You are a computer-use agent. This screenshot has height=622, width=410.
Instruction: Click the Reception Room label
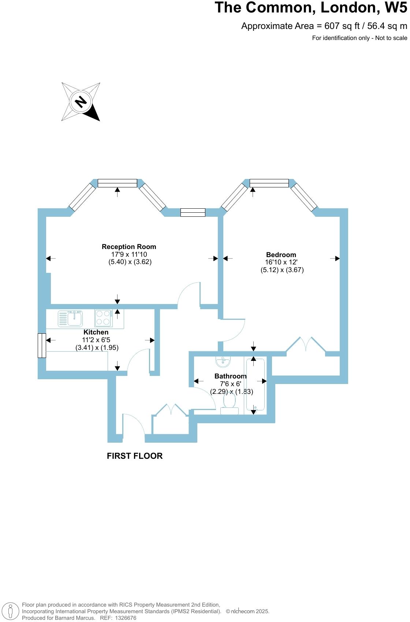[129, 246]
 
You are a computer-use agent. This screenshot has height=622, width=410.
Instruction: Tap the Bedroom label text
[281, 255]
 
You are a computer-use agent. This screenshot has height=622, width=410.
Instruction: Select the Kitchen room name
[96, 332]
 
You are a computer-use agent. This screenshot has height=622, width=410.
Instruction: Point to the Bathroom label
[230, 376]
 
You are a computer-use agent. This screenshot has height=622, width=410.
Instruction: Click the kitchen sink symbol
[70, 318]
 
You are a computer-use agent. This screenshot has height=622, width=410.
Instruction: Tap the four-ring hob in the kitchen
[103, 318]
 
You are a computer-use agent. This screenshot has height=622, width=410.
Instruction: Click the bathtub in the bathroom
[255, 385]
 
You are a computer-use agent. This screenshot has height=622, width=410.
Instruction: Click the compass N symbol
[81, 102]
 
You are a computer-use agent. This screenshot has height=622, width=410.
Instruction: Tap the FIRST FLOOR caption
[135, 456]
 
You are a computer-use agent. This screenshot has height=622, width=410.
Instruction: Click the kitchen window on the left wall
[42, 345]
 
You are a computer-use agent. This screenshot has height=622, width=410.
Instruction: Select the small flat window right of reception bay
[193, 212]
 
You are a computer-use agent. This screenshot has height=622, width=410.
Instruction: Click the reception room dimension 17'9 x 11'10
[129, 255]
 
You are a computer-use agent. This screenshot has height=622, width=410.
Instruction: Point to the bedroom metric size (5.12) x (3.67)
[282, 270]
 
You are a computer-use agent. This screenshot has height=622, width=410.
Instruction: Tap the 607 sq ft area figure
[342, 26]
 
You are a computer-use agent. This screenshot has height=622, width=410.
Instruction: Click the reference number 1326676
[126, 618]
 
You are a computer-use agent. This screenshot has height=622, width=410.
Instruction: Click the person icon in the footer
[10, 611]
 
